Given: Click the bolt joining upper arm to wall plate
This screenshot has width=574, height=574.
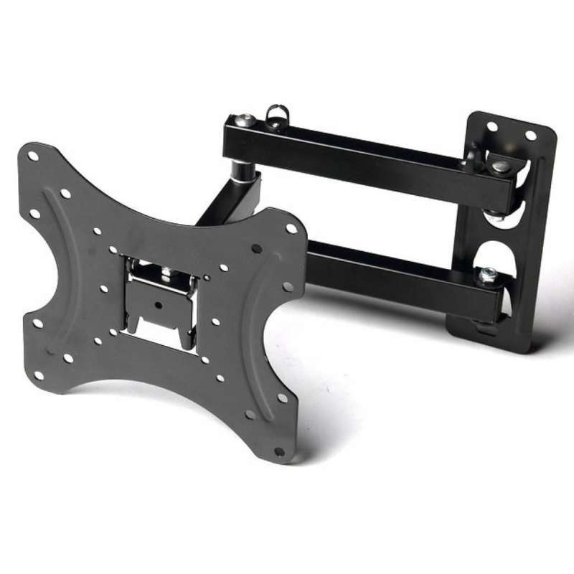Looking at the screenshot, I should coord(501,166).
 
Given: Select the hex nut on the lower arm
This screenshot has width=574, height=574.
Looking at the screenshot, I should coord(487,273).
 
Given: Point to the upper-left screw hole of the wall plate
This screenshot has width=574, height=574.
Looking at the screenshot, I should coord(491,126).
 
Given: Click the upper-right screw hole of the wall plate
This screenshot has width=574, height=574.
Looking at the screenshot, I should coord(530,135).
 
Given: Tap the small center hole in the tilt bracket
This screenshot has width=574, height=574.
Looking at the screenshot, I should coord(156,302).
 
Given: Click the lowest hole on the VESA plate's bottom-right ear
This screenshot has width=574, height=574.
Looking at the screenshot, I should coord(278,451).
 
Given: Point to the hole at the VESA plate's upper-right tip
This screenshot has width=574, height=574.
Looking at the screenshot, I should coord(291,229).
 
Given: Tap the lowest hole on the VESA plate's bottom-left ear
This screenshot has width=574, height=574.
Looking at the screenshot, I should coord(68,357).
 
